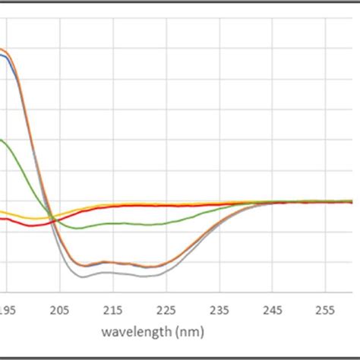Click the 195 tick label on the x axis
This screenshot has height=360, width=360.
[8, 310]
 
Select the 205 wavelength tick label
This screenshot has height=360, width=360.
[60, 310]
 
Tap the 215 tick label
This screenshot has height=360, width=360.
[113, 310]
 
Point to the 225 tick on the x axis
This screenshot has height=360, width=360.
[166, 310]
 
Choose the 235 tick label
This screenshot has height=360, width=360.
[219, 310]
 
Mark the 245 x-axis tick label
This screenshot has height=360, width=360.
[273, 310]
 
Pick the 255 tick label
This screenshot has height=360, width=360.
[326, 310]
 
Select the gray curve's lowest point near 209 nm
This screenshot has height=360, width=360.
[82, 277]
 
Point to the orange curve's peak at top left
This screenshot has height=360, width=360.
[3, 50]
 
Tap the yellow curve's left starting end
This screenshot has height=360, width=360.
[2, 211]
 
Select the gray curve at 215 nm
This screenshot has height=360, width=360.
[113, 273]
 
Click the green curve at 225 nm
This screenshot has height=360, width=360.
[166, 222]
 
